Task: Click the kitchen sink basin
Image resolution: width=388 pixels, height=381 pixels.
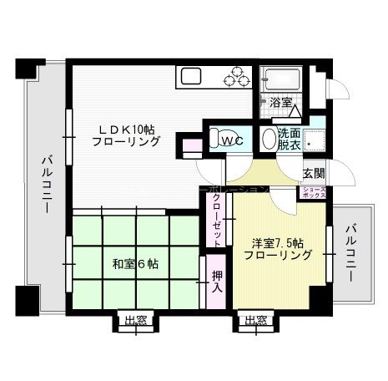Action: pos(191,79)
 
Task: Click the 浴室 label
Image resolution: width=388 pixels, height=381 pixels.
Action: pos(280,103)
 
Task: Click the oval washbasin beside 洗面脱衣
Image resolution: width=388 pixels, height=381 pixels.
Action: pos(268,139)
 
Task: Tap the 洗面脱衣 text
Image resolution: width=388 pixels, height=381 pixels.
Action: pos(290,139)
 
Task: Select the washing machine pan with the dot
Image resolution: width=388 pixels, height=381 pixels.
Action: pos(315,140)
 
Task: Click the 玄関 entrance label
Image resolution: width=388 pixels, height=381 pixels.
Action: pos(314,173)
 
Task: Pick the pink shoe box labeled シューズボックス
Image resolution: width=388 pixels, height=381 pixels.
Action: pos(314,192)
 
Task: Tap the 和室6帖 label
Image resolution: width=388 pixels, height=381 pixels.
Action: pos(136,264)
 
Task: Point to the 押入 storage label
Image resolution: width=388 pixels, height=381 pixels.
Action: pos(215,279)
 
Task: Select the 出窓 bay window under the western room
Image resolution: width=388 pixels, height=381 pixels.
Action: pos(256,319)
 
